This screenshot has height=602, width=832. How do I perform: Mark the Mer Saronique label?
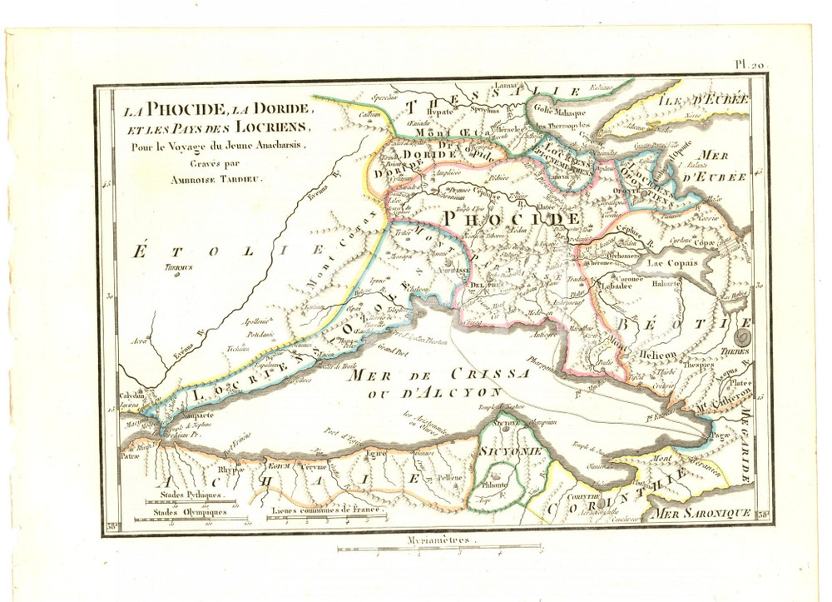point(701,514)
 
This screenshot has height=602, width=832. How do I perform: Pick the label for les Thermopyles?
point(565,127)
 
